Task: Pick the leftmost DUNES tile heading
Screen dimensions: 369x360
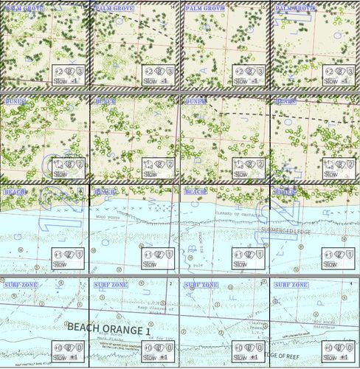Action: [15, 100]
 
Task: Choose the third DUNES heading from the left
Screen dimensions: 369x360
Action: [195, 100]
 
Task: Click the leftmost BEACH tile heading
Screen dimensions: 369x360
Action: [15, 192]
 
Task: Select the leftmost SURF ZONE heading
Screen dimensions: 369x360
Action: [20, 284]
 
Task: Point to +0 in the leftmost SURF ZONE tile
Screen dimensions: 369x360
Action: [58, 347]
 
